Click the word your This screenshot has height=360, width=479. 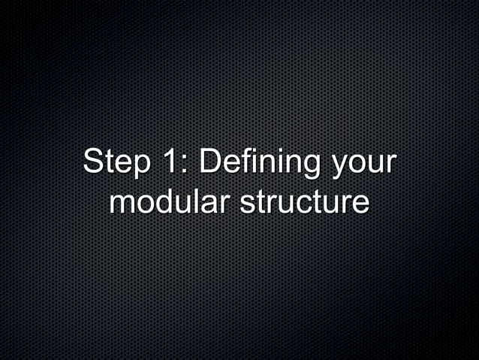click(x=365, y=166)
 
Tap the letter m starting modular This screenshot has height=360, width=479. click(x=121, y=204)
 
